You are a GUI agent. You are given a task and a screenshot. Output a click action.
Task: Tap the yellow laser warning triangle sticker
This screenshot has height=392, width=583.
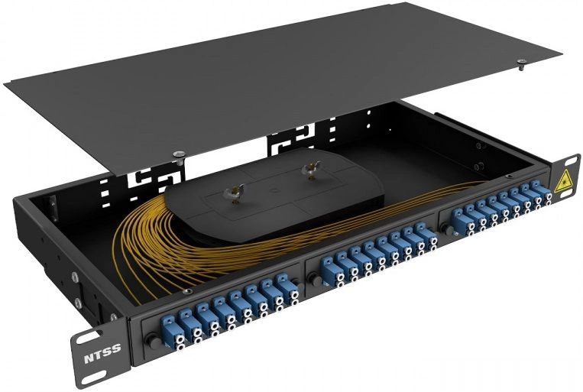[562, 182]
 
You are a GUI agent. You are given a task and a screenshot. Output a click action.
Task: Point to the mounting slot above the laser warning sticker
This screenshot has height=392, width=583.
[569, 160]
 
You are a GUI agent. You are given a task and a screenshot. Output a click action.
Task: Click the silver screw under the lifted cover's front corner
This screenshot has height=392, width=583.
[180, 155]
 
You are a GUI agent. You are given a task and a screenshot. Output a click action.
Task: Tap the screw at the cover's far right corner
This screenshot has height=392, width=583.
[521, 63]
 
